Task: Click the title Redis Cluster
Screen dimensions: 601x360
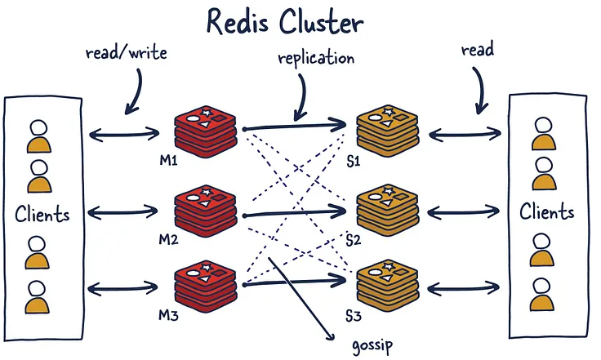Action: click(285, 21)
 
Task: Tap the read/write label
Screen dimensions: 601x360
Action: click(127, 52)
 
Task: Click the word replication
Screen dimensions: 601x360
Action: click(316, 59)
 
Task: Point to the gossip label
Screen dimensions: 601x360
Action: click(372, 345)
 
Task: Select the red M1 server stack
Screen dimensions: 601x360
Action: click(206, 131)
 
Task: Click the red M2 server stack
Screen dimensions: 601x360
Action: click(206, 211)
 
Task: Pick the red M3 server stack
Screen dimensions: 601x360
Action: click(206, 286)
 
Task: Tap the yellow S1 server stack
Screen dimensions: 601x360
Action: click(388, 131)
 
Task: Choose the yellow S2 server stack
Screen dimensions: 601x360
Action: click(388, 211)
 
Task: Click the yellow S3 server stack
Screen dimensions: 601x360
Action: click(388, 286)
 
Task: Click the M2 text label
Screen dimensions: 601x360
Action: click(169, 240)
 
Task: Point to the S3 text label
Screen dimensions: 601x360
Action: click(354, 316)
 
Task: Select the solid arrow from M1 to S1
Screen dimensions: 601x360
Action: click(294, 126)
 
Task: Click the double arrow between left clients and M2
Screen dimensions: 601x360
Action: click(122, 211)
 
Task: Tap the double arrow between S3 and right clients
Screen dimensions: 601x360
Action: click(463, 288)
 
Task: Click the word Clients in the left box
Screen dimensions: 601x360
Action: click(42, 214)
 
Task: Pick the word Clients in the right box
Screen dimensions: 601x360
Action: click(547, 211)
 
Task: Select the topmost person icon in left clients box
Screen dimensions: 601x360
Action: click(39, 136)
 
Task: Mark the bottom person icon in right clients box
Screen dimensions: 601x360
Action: click(542, 294)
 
